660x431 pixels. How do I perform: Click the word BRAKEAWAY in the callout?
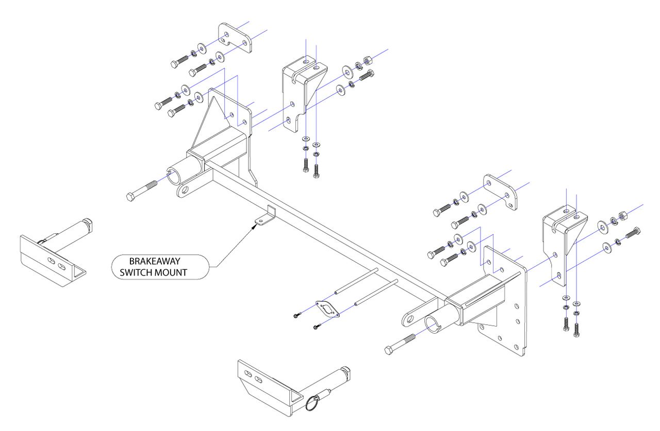(x=155, y=261)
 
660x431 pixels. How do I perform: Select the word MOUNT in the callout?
(x=171, y=273)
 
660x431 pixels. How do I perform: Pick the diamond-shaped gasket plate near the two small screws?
(x=327, y=309)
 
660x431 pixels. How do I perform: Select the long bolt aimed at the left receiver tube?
(x=141, y=191)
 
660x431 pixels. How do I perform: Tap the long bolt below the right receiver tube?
(x=400, y=344)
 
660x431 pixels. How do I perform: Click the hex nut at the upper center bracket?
(x=368, y=60)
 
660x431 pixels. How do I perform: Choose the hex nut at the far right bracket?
(x=623, y=216)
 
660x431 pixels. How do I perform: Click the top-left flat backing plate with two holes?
(x=235, y=38)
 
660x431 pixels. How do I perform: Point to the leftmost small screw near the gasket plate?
(x=297, y=315)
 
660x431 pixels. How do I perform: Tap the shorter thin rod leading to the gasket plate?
(x=376, y=292)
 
